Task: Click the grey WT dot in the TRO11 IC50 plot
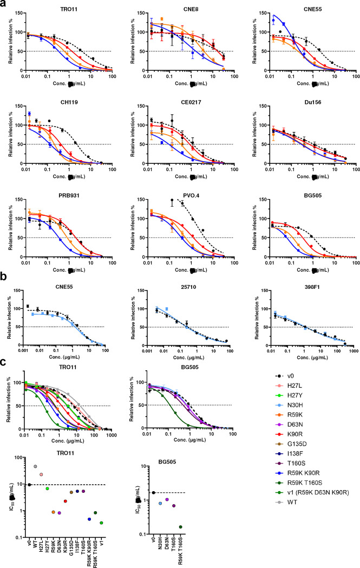(x=36, y=466)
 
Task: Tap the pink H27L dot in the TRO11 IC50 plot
(x=41, y=474)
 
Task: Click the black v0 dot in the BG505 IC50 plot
(x=154, y=493)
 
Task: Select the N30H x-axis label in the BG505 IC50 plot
(x=159, y=545)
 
